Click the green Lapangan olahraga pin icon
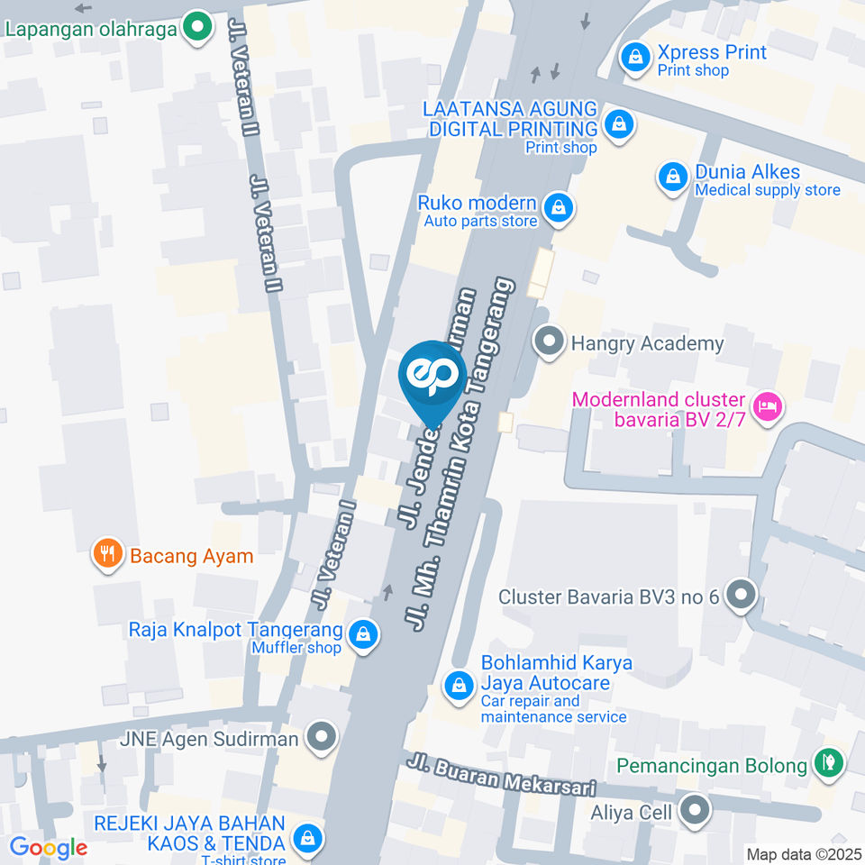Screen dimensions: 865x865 197,27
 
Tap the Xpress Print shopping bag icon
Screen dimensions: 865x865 636,59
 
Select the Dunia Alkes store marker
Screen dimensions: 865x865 673,178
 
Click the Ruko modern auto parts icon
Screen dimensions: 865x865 560,208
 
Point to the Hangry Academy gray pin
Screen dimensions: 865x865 547,342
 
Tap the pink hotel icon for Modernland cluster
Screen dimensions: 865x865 767,406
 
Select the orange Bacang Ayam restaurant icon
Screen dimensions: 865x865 108,554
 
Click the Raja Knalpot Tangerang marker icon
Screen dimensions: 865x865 363,634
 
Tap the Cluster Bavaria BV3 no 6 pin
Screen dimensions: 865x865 742,596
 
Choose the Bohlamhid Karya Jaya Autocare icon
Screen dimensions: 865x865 460,686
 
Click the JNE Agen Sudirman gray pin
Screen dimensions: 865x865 320,739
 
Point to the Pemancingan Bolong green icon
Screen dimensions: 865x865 826,763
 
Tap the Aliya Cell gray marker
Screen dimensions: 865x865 694,812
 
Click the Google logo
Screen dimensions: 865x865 49,848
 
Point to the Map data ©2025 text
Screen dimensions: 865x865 803,854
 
